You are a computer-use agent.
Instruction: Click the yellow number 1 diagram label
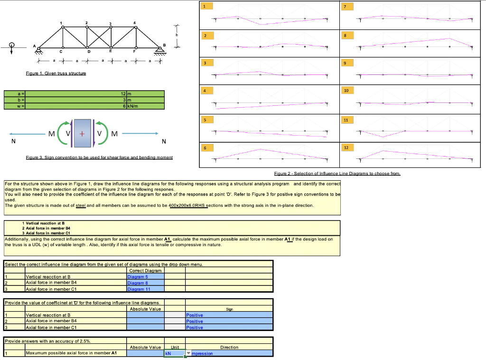tap(205, 6)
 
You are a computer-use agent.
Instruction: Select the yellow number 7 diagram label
tap(346, 6)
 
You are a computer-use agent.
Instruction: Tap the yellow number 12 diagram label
tap(346, 148)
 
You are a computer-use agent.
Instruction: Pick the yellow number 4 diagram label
tap(205, 90)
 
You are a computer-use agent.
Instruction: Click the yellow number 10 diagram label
tap(346, 90)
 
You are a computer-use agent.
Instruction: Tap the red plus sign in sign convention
tap(82, 134)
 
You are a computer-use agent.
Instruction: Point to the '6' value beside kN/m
tap(124, 105)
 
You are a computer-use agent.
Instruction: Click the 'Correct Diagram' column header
tap(145, 270)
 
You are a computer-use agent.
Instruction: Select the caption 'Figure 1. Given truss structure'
tap(56, 74)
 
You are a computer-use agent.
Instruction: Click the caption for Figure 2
tap(337, 174)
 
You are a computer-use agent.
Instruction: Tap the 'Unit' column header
tap(175, 347)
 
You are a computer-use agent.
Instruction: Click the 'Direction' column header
tap(229, 347)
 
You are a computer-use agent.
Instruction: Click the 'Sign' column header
tap(229, 309)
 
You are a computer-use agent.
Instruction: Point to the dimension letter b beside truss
tap(177, 35)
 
